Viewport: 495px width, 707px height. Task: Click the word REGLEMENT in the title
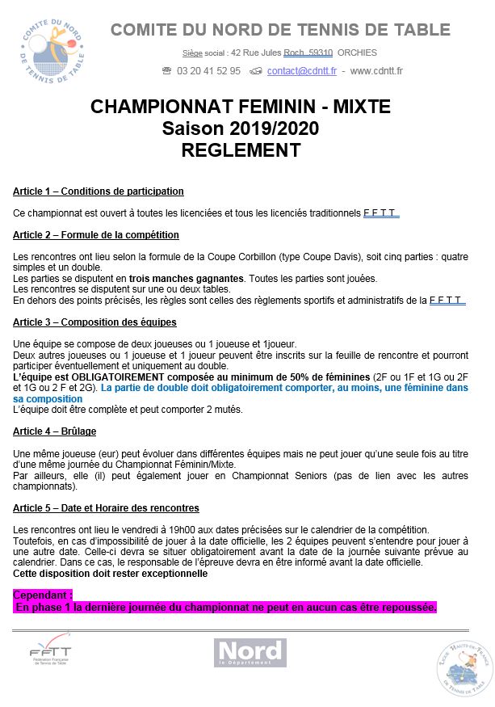click(x=241, y=150)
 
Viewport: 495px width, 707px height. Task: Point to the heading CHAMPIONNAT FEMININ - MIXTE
click(x=241, y=107)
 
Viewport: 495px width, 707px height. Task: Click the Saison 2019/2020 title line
click(x=241, y=128)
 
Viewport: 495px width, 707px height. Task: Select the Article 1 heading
click(x=99, y=191)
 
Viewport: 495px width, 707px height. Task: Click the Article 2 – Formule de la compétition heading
click(x=96, y=235)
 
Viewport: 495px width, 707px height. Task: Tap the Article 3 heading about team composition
click(x=94, y=322)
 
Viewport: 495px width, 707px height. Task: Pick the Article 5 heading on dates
click(x=106, y=508)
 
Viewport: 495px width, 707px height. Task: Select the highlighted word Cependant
click(x=42, y=594)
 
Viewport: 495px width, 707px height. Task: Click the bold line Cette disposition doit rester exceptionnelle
click(x=110, y=574)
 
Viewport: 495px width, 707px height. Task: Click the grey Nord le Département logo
click(x=250, y=652)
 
